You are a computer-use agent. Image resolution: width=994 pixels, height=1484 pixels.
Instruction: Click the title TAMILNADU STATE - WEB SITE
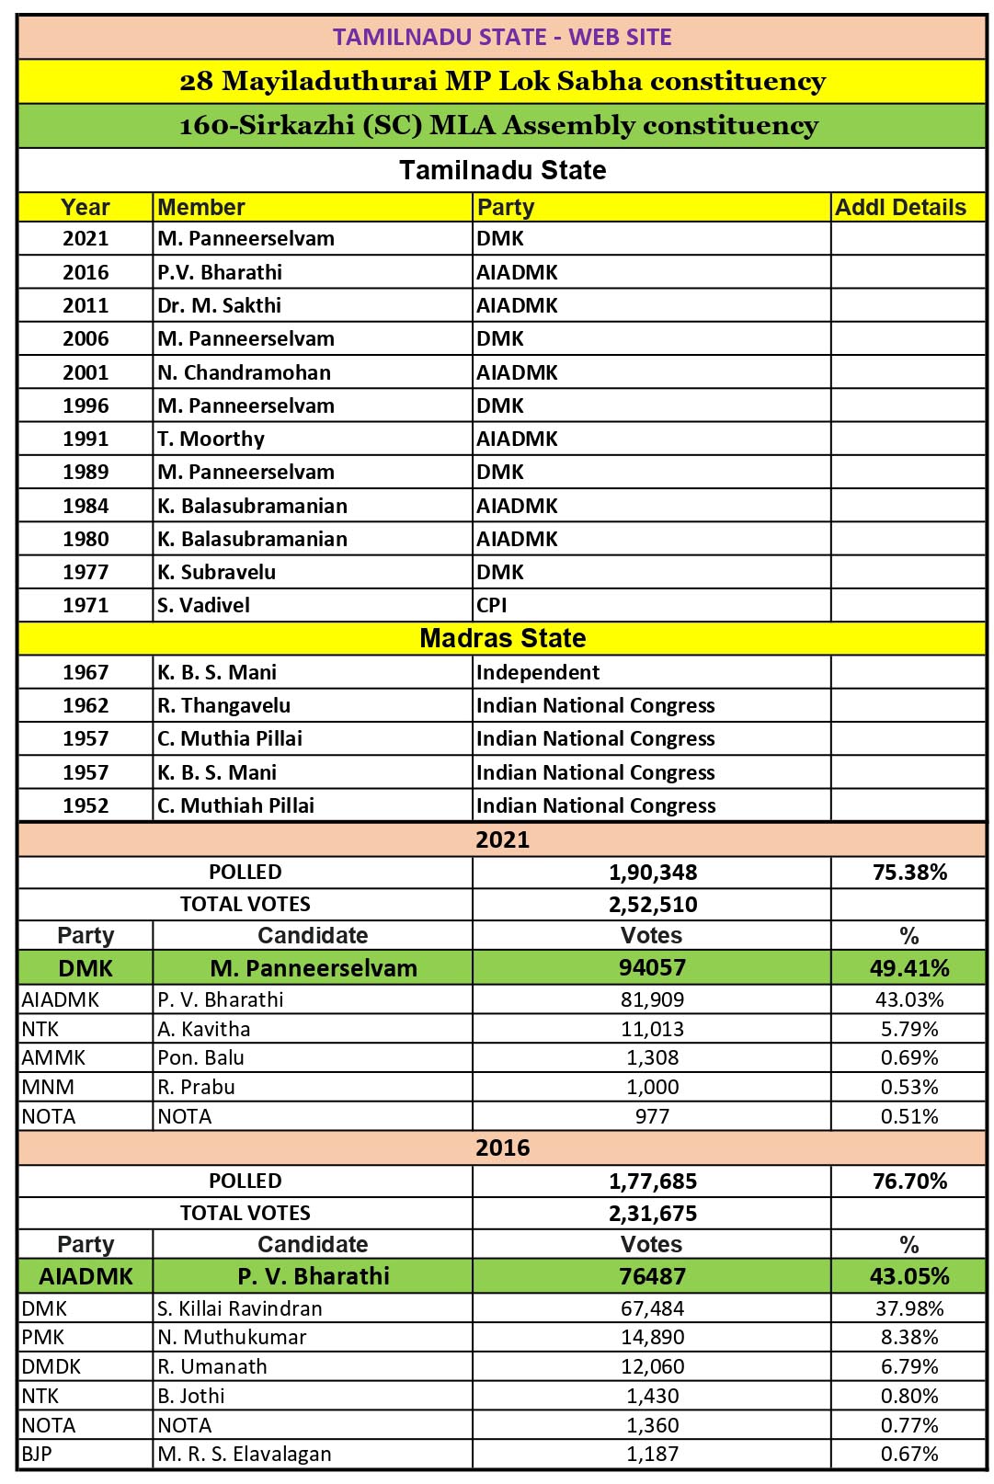pos(502,37)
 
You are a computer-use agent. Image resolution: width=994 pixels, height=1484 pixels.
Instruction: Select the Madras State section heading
pos(502,638)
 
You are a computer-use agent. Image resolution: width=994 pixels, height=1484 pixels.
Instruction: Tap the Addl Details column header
pos(900,208)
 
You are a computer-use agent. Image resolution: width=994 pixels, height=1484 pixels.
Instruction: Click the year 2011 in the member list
pos(86,305)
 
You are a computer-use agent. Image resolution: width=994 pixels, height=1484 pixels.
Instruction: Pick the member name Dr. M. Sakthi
pos(219,305)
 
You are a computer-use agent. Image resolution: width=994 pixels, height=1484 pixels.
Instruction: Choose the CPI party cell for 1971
pos(492,605)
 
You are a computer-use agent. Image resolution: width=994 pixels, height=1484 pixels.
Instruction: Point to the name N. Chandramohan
pos(244,372)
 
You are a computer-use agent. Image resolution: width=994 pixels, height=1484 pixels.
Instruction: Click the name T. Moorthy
pos(211,439)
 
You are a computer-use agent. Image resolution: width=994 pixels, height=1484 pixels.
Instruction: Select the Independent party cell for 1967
pos(538,672)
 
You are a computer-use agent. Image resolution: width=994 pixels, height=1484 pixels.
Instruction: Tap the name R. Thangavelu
pos(223,705)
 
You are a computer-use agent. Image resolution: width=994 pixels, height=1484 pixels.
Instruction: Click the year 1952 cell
pos(86,805)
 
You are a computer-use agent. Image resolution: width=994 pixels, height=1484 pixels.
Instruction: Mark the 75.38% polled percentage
pos(909,872)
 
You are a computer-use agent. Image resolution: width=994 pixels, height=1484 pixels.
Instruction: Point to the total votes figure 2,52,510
pos(653,904)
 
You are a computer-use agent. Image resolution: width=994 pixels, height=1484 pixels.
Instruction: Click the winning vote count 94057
pos(653,967)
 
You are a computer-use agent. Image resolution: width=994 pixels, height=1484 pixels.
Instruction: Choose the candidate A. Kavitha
pos(203,1029)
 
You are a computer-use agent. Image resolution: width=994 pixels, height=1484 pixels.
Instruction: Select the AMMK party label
pos(53,1057)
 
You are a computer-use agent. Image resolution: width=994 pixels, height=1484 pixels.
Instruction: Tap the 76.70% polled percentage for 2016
pos(909,1181)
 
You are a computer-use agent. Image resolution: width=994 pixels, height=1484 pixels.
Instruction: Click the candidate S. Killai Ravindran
pos(239,1308)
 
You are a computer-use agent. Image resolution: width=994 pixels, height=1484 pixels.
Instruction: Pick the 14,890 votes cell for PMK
pos(653,1337)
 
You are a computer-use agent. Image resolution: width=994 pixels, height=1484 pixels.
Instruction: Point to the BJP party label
pos(37,1454)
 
